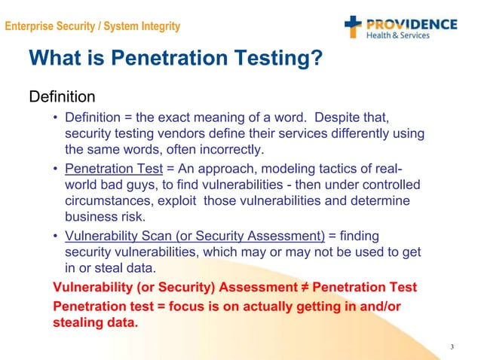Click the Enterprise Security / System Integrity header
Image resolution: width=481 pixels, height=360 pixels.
pyautogui.click(x=92, y=27)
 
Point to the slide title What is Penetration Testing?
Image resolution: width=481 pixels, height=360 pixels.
pyautogui.click(x=176, y=58)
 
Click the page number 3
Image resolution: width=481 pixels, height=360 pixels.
pyautogui.click(x=451, y=346)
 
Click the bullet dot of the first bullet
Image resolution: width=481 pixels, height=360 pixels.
pyautogui.click(x=56, y=118)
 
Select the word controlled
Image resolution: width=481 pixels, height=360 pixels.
pyautogui.click(x=392, y=185)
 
